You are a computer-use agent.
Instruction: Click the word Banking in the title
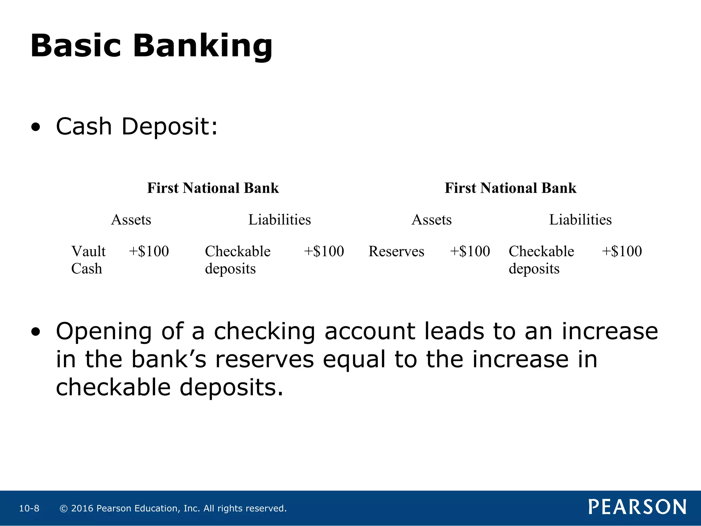pyautogui.click(x=203, y=46)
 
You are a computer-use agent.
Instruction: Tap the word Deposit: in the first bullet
pyautogui.click(x=169, y=126)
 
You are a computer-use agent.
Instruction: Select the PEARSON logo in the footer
pyautogui.click(x=637, y=507)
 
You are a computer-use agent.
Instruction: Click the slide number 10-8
pyautogui.click(x=29, y=509)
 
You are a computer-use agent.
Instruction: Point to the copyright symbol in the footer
pyautogui.click(x=64, y=509)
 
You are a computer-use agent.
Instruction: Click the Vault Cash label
pyautogui.click(x=88, y=260)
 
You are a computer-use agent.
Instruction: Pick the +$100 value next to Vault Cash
pyautogui.click(x=149, y=251)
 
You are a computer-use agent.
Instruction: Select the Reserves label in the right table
pyautogui.click(x=396, y=251)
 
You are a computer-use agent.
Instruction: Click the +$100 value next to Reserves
pyautogui.click(x=470, y=251)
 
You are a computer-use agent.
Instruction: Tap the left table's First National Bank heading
pyautogui.click(x=213, y=188)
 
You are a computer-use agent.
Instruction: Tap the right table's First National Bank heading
pyautogui.click(x=510, y=188)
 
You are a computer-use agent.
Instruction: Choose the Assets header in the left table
pyautogui.click(x=131, y=220)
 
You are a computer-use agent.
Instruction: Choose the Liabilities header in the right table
pyautogui.click(x=580, y=220)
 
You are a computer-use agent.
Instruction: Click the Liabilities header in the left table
pyautogui.click(x=279, y=220)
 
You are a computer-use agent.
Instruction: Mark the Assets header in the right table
pyautogui.click(x=431, y=220)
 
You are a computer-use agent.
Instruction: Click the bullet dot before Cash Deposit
pyautogui.click(x=36, y=128)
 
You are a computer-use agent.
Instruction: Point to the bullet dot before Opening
pyautogui.click(x=36, y=332)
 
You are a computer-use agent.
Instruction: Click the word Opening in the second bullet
pyautogui.click(x=103, y=332)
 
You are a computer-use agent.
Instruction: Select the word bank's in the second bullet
pyautogui.click(x=169, y=360)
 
